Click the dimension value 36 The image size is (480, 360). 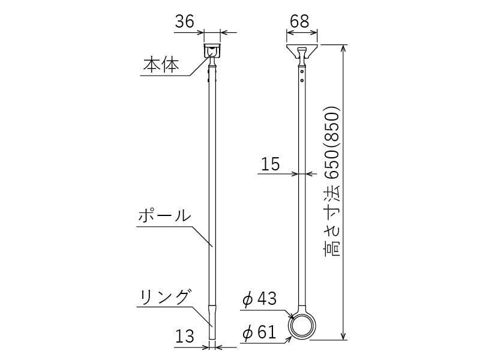pyautogui.click(x=184, y=22)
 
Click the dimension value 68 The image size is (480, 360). pyautogui.click(x=299, y=22)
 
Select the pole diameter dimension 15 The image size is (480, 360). pyautogui.click(x=271, y=164)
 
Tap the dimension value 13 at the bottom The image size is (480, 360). pyautogui.click(x=185, y=336)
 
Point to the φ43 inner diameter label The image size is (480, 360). pyautogui.click(x=259, y=298)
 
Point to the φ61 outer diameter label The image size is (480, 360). pyautogui.click(x=259, y=332)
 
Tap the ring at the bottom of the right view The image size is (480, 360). pyautogui.click(x=301, y=327)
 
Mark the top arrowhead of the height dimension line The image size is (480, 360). pyautogui.click(x=344, y=47)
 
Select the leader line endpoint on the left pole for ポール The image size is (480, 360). pyautogui.click(x=212, y=245)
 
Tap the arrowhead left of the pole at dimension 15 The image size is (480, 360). pyautogui.click(x=296, y=174)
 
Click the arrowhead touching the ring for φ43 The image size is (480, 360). pyautogui.click(x=291, y=316)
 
